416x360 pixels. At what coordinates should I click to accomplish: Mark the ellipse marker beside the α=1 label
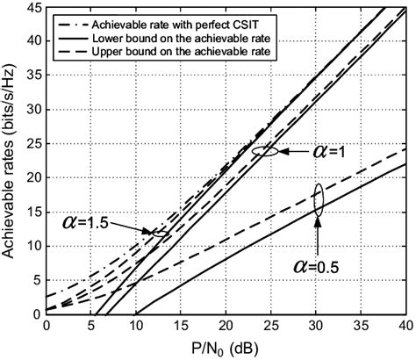click(265, 151)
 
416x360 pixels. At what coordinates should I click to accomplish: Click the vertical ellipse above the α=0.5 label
click(319, 199)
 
